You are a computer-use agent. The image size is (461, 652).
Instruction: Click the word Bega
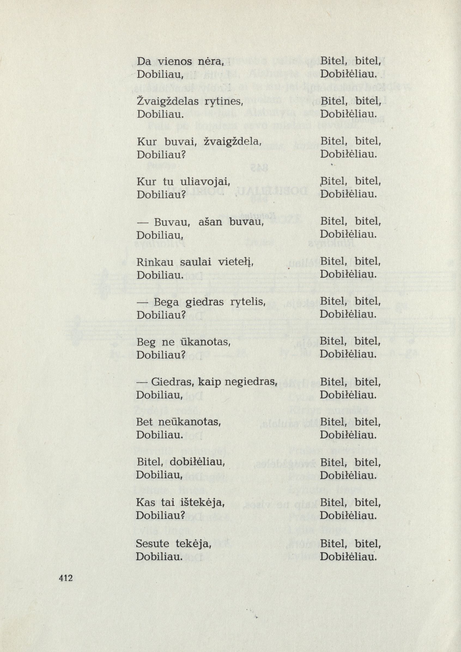click(166, 303)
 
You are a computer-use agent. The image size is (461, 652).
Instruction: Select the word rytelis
click(246, 303)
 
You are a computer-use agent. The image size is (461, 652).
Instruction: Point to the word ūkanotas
click(204, 343)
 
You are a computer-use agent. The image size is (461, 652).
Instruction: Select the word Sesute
click(153, 544)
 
